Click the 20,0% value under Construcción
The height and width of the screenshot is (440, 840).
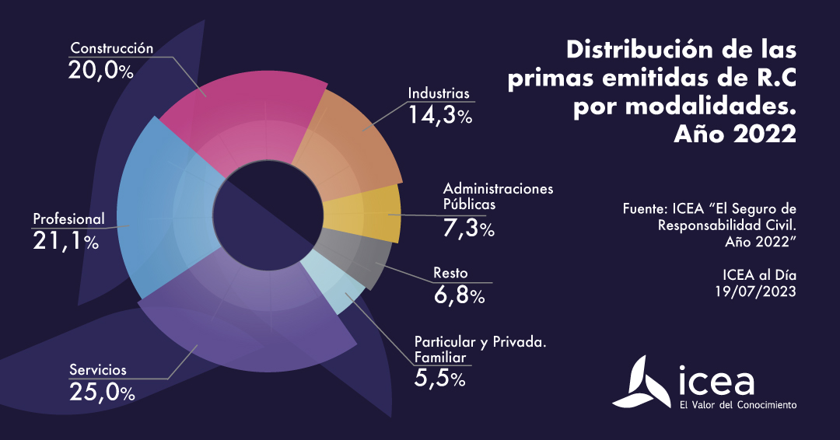click(x=101, y=71)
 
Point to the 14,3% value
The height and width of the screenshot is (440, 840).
click(x=441, y=115)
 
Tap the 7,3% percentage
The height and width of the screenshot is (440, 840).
click(x=468, y=229)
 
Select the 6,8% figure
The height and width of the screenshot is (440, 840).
click(x=459, y=295)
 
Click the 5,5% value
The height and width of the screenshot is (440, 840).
click(x=439, y=379)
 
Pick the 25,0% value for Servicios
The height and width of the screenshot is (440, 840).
click(x=102, y=392)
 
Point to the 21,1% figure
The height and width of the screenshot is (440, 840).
click(x=65, y=242)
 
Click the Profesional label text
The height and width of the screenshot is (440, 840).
click(x=68, y=218)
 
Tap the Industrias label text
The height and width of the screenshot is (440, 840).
click(x=439, y=93)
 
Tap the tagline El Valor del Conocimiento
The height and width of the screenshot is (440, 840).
click(x=737, y=405)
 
